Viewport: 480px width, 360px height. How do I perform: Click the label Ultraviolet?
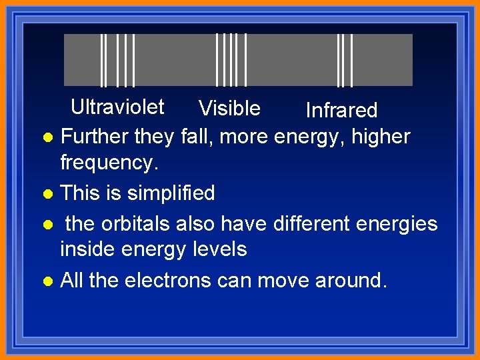point(117,107)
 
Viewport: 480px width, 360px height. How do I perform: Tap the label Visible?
point(229,108)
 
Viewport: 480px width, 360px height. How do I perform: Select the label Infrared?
point(341,110)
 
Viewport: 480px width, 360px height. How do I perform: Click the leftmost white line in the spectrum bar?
point(101,60)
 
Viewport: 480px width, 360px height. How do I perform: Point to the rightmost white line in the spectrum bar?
point(351,60)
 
